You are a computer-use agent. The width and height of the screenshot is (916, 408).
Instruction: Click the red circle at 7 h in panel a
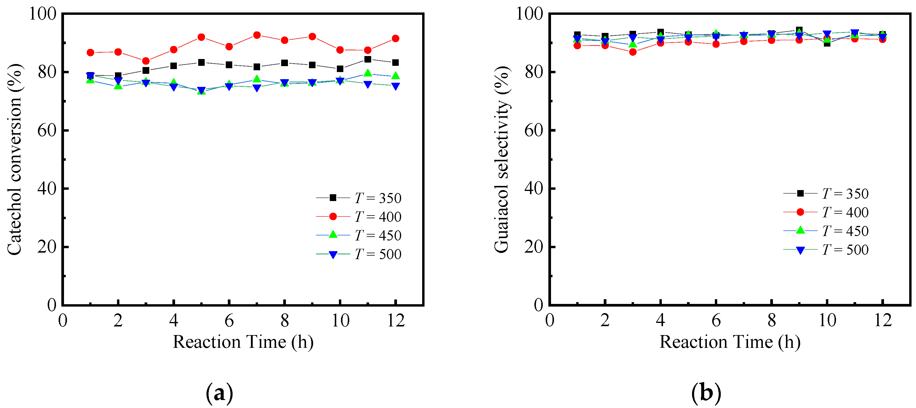click(x=257, y=35)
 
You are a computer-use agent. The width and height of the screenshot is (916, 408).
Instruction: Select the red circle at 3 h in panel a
click(x=146, y=61)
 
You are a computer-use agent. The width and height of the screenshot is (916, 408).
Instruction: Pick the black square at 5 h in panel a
click(x=201, y=62)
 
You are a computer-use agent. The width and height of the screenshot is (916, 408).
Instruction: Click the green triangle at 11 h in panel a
click(x=368, y=73)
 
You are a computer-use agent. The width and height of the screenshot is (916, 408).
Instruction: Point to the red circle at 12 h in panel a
click(x=395, y=39)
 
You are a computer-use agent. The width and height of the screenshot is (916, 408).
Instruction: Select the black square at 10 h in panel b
click(x=827, y=43)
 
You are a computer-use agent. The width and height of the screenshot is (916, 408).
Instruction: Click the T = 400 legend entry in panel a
click(x=359, y=216)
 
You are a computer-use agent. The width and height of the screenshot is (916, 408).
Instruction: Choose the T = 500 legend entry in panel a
click(x=359, y=254)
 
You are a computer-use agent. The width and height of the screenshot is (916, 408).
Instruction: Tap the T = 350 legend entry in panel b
click(x=827, y=194)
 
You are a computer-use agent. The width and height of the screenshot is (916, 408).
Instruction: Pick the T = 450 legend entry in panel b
click(x=827, y=231)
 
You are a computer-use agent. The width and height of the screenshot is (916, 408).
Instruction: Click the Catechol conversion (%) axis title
click(x=15, y=159)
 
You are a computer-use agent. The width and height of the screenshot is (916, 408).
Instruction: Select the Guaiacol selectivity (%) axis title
click(x=502, y=159)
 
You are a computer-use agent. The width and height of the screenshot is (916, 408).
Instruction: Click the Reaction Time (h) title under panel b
click(x=730, y=342)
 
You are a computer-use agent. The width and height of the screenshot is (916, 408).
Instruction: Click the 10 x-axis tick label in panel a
click(x=340, y=321)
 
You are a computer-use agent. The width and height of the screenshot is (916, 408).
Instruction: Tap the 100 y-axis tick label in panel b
click(x=529, y=14)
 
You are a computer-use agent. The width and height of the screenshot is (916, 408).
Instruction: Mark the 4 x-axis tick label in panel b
click(x=660, y=321)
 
